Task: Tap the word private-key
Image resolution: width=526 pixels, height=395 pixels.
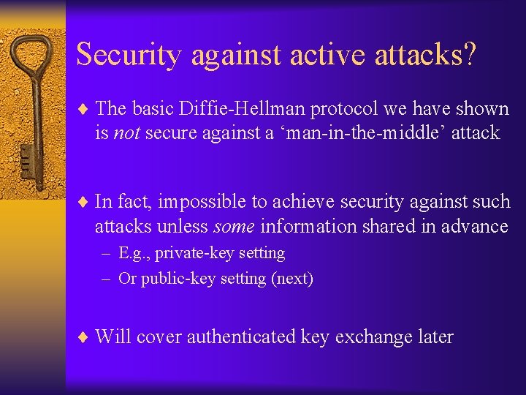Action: click(183, 253)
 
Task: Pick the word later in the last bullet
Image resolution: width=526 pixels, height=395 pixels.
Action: click(436, 337)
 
